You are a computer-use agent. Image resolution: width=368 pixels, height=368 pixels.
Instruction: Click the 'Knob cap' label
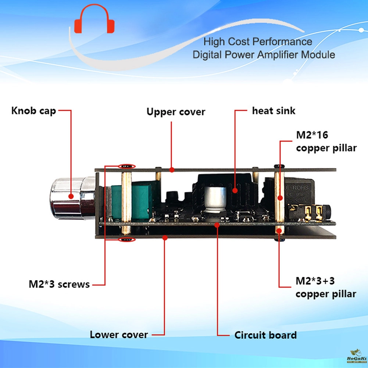[x=33, y=111]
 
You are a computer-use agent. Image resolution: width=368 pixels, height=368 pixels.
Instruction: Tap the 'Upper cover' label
[x=176, y=112]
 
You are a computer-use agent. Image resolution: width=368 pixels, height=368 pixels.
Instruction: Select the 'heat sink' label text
[x=274, y=111]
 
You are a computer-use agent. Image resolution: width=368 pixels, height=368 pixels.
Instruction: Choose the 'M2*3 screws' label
[x=59, y=284]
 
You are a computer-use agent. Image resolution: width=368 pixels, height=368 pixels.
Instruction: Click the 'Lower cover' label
[x=119, y=335]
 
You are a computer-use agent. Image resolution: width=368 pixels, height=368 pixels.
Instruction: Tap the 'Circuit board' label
[x=265, y=335]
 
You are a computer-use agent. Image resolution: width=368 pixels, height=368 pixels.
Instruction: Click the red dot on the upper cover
[x=172, y=170]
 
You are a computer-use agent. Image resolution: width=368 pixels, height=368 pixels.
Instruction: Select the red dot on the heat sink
[x=235, y=190]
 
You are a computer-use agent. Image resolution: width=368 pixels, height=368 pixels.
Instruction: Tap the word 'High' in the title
[x=213, y=42]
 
